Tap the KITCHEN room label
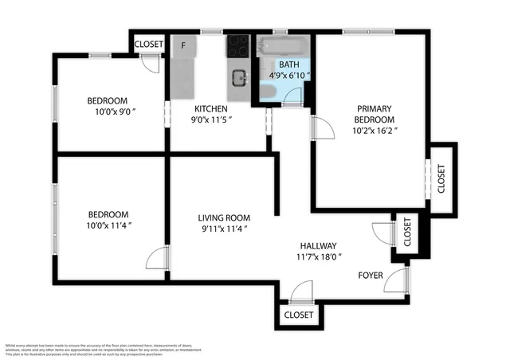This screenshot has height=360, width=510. tap(212, 108)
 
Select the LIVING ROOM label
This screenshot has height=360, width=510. tap(224, 217)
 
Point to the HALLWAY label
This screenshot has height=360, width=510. tap(318, 246)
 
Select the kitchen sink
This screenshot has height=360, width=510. tap(238, 77)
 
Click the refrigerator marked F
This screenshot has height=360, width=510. tap(183, 45)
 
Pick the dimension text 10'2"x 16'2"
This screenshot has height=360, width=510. tap(374, 130)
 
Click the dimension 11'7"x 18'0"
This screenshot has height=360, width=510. tap(318, 256)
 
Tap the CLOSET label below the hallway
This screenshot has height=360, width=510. tap(299, 315)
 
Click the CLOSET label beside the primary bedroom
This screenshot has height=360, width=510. tap(441, 174)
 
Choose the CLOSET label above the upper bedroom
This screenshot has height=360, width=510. tap(149, 45)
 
